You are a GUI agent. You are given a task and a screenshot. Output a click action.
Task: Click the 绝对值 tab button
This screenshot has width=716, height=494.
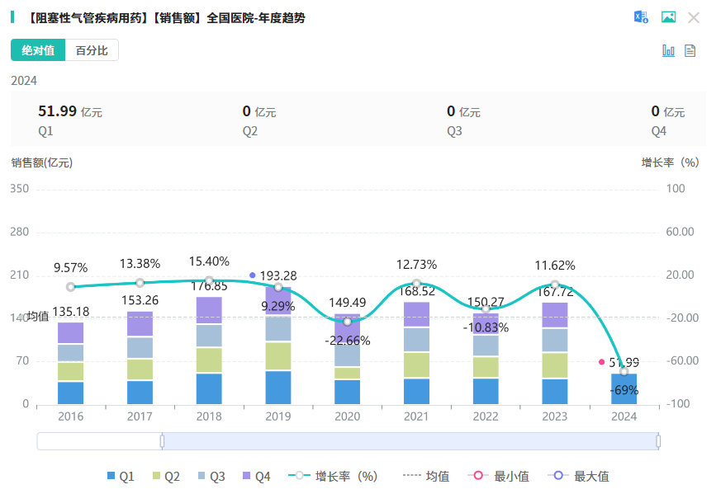[38, 50]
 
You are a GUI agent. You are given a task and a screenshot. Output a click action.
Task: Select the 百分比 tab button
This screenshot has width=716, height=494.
[92, 50]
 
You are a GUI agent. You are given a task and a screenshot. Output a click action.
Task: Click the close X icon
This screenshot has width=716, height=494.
[694, 17]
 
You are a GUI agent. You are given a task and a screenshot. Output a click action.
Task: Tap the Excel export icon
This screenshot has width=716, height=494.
[641, 17]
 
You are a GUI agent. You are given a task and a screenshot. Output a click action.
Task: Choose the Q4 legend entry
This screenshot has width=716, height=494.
[257, 476]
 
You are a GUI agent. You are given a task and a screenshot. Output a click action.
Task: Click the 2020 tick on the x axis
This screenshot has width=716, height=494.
[347, 416]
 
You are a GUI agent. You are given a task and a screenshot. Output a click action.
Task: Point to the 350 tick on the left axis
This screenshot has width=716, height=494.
[19, 189]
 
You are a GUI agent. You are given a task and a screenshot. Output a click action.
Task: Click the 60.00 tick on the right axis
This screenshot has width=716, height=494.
[680, 232]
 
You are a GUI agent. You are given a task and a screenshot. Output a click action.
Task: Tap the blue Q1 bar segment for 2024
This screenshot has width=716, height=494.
[624, 389]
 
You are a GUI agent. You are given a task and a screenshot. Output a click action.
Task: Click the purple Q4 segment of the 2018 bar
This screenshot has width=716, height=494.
[209, 310]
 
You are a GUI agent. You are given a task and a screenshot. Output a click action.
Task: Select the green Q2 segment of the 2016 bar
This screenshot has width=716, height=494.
[71, 372]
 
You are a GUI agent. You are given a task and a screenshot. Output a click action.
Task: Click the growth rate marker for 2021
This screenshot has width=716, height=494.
[416, 283]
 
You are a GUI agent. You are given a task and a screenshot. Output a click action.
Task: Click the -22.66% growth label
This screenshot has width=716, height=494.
[347, 340]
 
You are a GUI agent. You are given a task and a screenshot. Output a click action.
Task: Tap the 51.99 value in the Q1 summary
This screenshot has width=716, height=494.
[57, 111]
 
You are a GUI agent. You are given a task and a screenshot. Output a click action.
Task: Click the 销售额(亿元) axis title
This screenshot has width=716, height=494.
[42, 162]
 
